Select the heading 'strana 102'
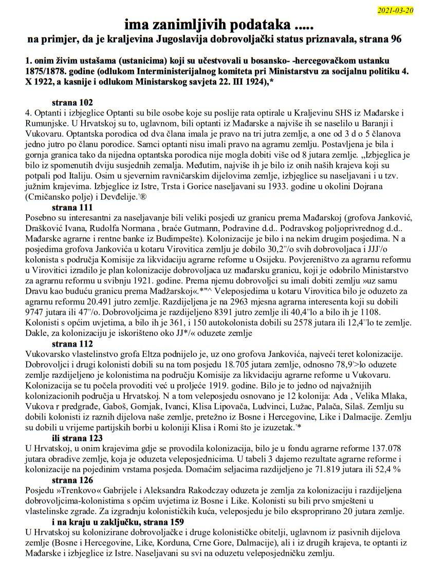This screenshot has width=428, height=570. pyautogui.click(x=73, y=102)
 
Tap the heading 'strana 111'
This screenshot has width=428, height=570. pyautogui.click(x=73, y=207)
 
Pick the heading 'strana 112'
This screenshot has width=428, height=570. pyautogui.click(x=73, y=344)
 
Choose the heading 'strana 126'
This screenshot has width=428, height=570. pyautogui.click(x=73, y=480)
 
